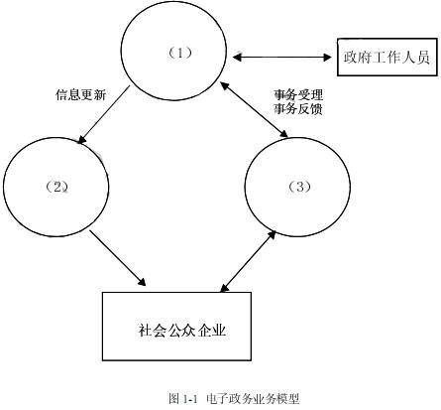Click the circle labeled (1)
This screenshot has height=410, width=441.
click(x=122, y=51)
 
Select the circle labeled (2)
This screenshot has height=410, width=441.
click(x=4, y=187)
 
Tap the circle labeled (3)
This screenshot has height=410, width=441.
click(x=245, y=187)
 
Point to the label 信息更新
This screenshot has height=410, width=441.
click(x=80, y=94)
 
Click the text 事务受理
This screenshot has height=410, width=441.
click(x=298, y=95)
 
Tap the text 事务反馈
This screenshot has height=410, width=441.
click(x=298, y=109)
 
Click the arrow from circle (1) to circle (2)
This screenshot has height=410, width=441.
click(x=103, y=115)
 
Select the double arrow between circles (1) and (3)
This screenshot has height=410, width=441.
click(x=255, y=110)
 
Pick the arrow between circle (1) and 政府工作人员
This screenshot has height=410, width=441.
click(x=281, y=58)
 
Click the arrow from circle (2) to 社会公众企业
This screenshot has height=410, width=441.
click(x=118, y=258)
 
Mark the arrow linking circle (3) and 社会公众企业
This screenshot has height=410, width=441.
click(x=248, y=261)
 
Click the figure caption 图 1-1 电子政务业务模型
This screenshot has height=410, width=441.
click(x=234, y=398)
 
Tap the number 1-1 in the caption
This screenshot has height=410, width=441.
click(x=189, y=399)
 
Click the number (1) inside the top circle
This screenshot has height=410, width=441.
click(x=180, y=53)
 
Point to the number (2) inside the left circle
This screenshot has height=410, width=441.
click(x=57, y=188)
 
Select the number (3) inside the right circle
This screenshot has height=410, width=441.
click(x=300, y=187)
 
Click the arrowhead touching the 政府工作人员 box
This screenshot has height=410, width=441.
click(x=327, y=58)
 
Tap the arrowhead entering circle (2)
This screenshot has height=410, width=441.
click(x=81, y=140)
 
